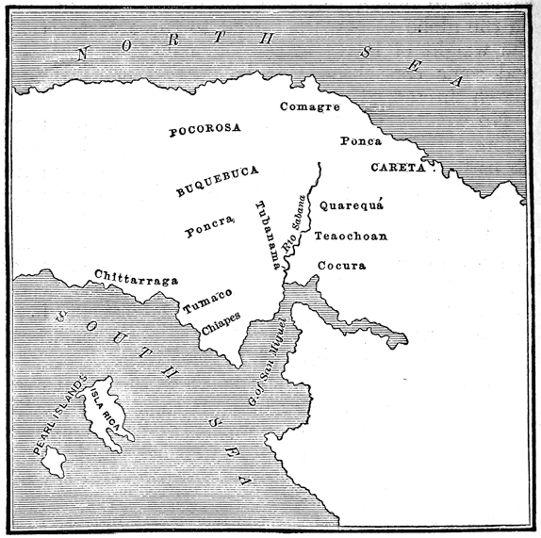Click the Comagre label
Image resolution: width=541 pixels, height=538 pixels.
pyautogui.click(x=309, y=106)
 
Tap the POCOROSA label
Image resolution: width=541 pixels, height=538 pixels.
pyautogui.click(x=205, y=130)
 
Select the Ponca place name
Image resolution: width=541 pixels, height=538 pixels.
pyautogui.click(x=360, y=142)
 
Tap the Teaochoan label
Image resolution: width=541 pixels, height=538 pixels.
pyautogui.click(x=351, y=236)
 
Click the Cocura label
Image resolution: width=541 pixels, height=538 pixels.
pyautogui.click(x=340, y=266)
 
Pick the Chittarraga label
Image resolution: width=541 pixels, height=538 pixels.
pyautogui.click(x=137, y=276)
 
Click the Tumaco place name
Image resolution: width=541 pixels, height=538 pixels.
pyautogui.click(x=206, y=302)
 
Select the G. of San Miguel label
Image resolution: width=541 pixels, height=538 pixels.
pyautogui.click(x=269, y=367)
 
